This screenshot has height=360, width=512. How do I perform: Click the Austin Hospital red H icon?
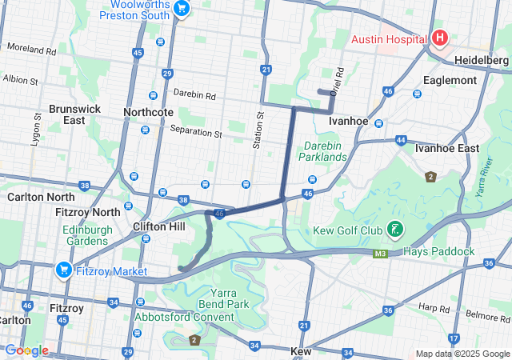tap(439, 38)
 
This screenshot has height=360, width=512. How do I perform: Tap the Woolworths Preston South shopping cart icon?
tap(182, 9)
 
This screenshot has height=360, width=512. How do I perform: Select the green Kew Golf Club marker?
tap(394, 230)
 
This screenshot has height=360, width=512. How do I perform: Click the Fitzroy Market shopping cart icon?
tap(64, 271)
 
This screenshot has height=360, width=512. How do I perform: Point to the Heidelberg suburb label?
tap(481, 60)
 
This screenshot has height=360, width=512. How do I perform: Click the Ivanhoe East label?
tap(447, 148)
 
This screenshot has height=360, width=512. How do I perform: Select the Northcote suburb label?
tap(148, 112)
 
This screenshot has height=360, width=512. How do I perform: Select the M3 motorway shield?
tap(382, 254)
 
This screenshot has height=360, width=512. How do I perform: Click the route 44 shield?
tap(400, 140)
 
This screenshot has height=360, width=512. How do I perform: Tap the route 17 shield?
tap(454, 338)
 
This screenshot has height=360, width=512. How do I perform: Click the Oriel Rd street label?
tap(337, 78)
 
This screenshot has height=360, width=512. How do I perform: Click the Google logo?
tap(27, 350)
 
